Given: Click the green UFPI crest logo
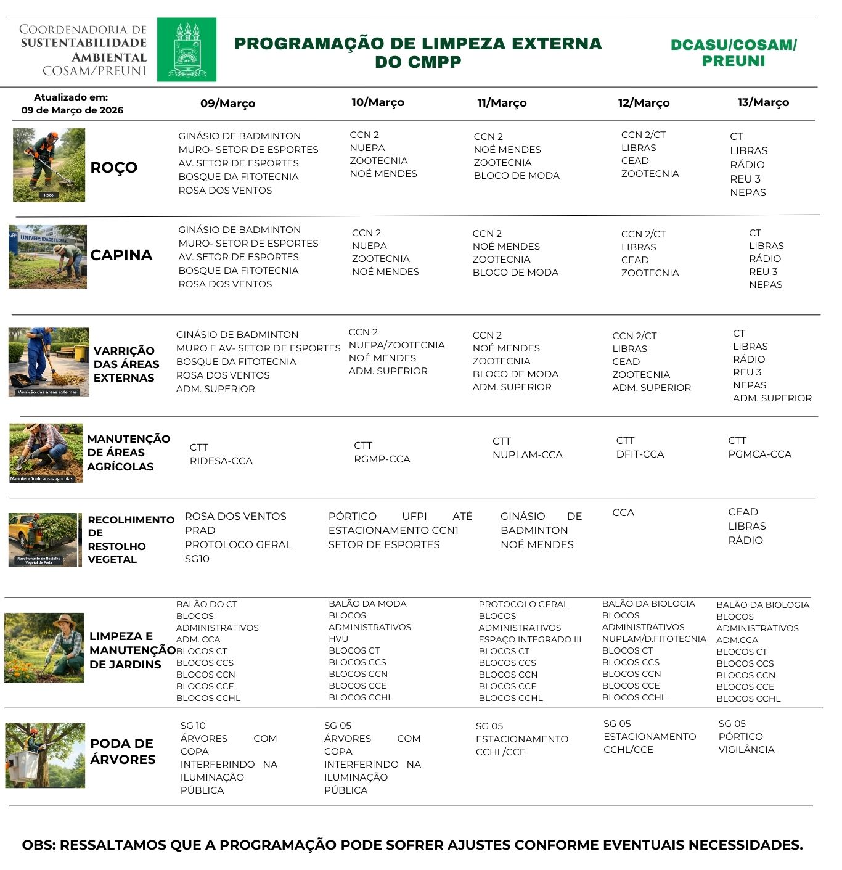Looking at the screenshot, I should [x=186, y=49].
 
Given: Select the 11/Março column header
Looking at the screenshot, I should [x=502, y=103].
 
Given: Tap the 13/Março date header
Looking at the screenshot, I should [x=763, y=102].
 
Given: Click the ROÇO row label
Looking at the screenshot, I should [x=114, y=167].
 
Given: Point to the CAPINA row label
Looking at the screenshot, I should [x=121, y=255].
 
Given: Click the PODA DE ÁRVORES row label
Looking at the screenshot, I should [x=123, y=751].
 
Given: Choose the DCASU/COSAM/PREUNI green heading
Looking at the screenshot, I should [x=734, y=52].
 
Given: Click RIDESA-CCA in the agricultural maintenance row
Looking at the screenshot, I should [x=221, y=461].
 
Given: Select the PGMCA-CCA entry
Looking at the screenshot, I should [x=759, y=454].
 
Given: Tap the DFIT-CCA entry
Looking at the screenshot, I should [x=640, y=454].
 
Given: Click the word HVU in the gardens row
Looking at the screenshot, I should [x=338, y=639].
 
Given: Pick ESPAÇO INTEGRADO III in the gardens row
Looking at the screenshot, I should [x=529, y=639].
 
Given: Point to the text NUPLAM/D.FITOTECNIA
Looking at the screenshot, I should [x=654, y=639].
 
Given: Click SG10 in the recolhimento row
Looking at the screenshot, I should [x=197, y=559].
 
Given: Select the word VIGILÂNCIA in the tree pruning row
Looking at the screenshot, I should [x=746, y=749].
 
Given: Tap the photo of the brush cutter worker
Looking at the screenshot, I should [x=49, y=165].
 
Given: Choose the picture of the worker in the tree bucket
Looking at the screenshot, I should [x=45, y=755].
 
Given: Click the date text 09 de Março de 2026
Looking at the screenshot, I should [x=72, y=110].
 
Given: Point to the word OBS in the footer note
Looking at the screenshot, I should [x=38, y=845].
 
